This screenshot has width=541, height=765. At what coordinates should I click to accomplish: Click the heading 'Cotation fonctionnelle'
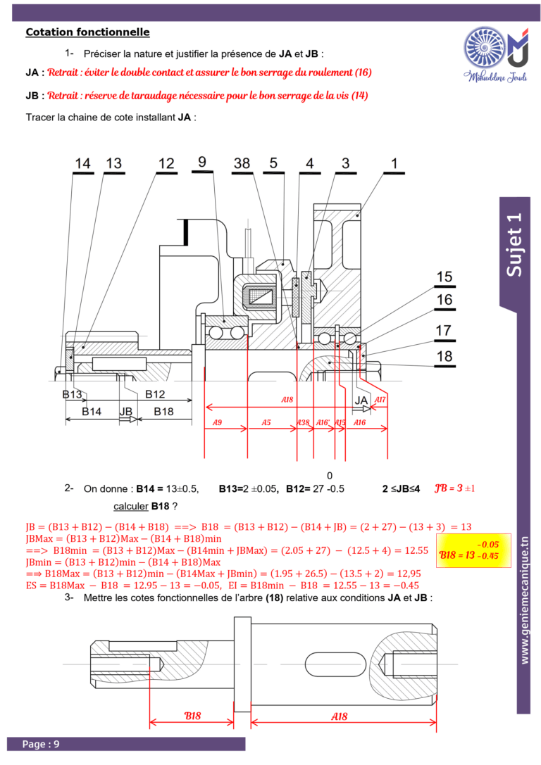(x=87, y=32)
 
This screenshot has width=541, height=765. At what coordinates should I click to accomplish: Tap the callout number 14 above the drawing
(x=82, y=163)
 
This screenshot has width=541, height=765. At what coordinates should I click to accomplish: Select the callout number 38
(x=242, y=163)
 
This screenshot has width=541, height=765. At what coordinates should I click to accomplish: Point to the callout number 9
(x=202, y=162)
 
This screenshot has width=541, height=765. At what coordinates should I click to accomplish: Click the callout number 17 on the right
(x=443, y=330)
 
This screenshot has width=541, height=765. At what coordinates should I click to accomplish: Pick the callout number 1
(x=394, y=163)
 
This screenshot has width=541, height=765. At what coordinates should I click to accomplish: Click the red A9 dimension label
(x=217, y=422)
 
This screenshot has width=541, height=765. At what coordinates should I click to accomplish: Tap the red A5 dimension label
(x=266, y=422)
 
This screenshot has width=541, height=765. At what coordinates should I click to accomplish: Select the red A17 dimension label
(x=380, y=400)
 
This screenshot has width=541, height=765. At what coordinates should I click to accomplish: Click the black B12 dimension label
(x=155, y=394)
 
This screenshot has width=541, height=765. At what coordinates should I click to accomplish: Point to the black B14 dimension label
(x=92, y=412)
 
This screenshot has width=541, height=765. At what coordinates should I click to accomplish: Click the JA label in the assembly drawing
(x=361, y=400)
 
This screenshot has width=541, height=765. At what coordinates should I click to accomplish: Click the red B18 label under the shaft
(x=192, y=716)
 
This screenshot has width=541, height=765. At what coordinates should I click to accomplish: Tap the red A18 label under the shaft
(x=340, y=716)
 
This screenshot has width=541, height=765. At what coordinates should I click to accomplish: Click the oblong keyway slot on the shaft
(x=335, y=664)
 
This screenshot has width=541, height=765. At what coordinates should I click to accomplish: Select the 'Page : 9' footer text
(x=41, y=744)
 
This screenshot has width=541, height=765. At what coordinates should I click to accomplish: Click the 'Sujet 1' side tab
(x=514, y=245)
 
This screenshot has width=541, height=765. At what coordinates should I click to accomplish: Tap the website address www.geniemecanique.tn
(x=524, y=600)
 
